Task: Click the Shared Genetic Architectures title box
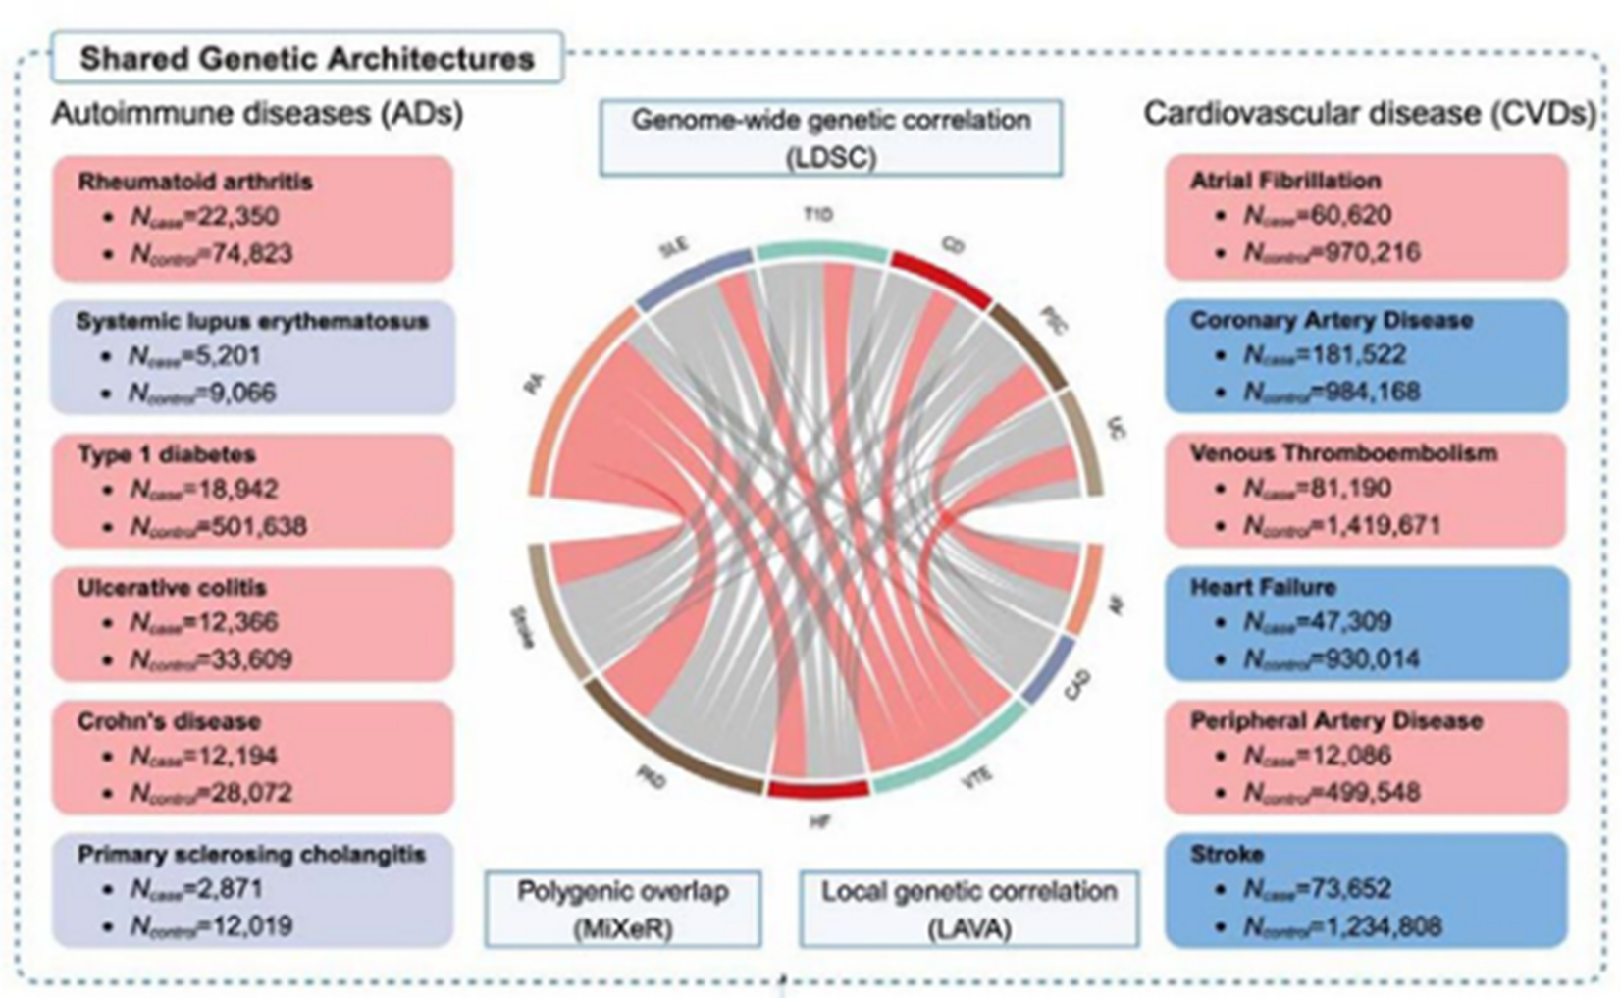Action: point(306,58)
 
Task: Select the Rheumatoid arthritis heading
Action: point(195,182)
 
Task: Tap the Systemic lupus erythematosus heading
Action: point(252,321)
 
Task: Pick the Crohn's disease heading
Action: point(169,721)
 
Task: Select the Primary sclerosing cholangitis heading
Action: point(251,854)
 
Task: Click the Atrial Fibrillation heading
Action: point(1285,181)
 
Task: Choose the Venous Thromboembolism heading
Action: point(1343,453)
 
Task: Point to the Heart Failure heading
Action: point(1263,587)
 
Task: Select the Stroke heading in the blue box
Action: point(1227,854)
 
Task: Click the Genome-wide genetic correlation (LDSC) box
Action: point(830,137)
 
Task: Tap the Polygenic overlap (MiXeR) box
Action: point(623,910)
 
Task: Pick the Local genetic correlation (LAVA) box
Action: point(968,910)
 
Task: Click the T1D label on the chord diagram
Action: point(818,215)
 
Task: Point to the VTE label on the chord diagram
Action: point(976,779)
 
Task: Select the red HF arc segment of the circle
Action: point(818,788)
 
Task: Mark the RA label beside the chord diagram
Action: point(534,385)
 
